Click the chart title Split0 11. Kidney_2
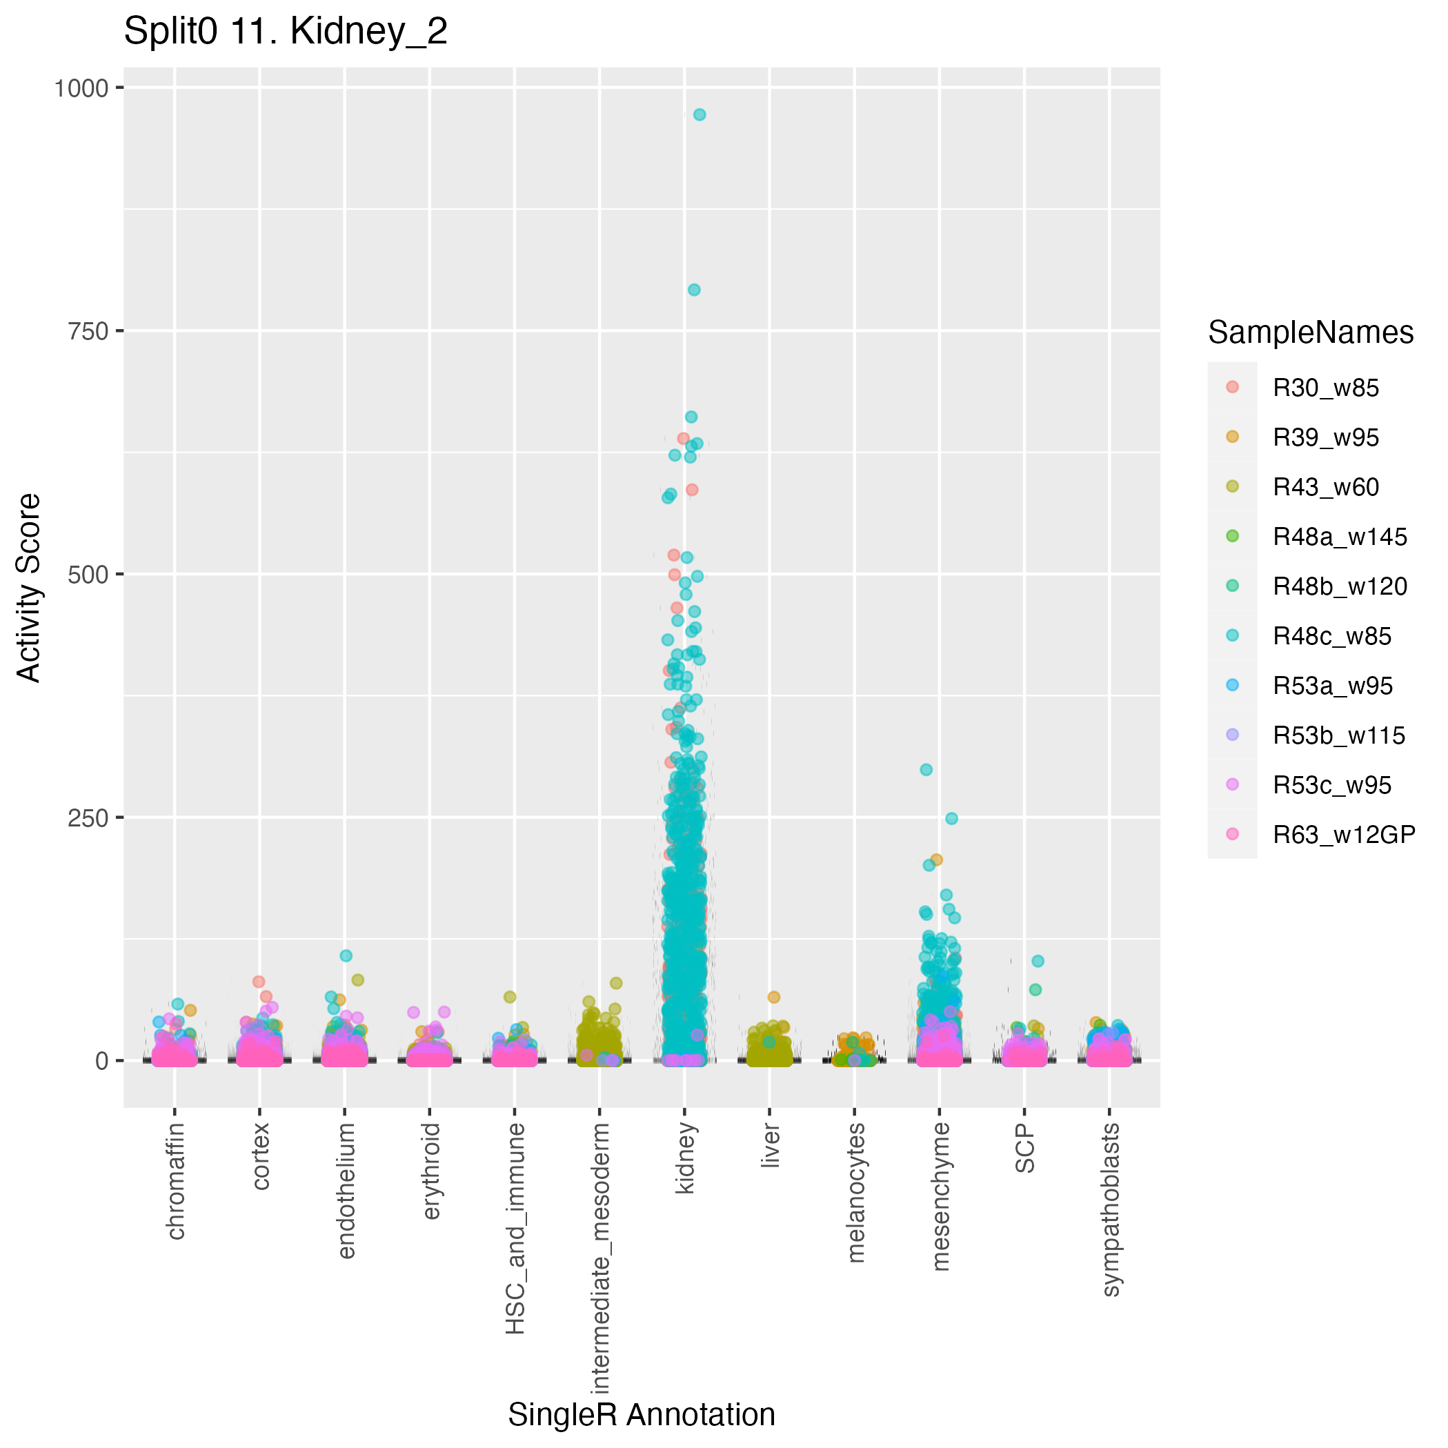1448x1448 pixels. [286, 32]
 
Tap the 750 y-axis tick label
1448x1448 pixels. [88, 330]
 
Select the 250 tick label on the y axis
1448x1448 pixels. [88, 817]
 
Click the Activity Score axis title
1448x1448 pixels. [29, 588]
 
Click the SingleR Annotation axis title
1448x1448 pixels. [642, 1415]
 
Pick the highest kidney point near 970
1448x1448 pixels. [700, 115]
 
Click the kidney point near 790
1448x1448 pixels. [694, 290]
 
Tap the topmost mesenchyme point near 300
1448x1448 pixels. [926, 770]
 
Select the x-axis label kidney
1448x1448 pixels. [685, 1159]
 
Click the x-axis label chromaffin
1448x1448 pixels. [175, 1181]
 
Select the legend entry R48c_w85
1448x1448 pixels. [1332, 636]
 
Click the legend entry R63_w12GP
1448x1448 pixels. [1344, 835]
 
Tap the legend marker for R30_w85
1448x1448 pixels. [1232, 388]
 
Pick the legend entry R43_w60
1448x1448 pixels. [1326, 487]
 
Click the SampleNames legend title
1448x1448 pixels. [1311, 333]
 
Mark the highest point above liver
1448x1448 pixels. [773, 997]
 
